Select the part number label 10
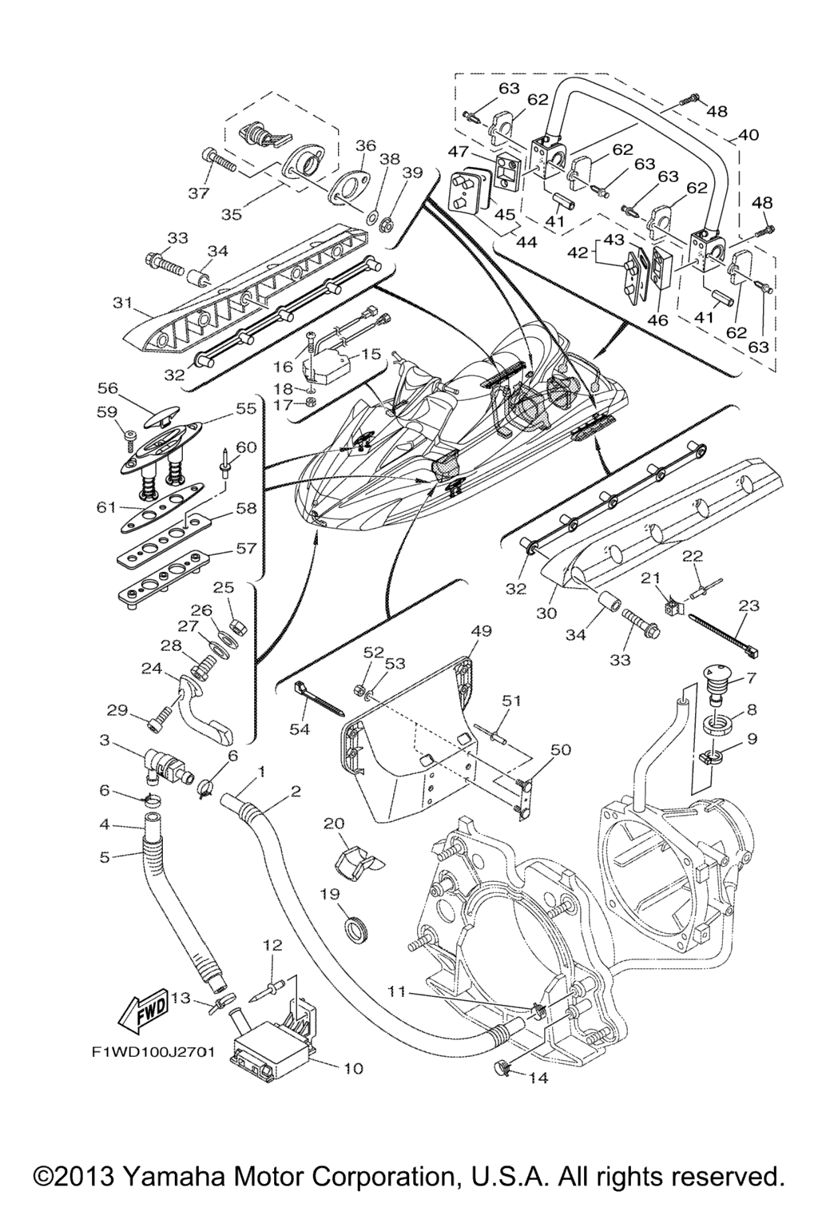click(352, 1068)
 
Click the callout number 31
click(121, 302)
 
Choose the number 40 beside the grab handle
click(749, 135)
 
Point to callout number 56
click(108, 388)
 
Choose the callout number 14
click(538, 1078)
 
